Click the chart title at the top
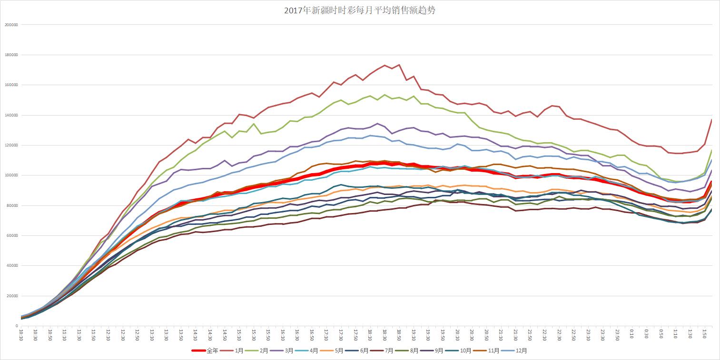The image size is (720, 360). (359, 10)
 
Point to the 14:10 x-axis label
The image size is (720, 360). (195, 335)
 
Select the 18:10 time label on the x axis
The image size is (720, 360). (370, 335)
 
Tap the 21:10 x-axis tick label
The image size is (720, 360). (501, 335)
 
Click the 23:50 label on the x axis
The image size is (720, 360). (617, 335)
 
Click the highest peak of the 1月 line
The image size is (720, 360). (399, 65)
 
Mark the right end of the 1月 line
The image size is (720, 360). (711, 119)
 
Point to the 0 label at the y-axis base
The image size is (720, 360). (16, 326)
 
